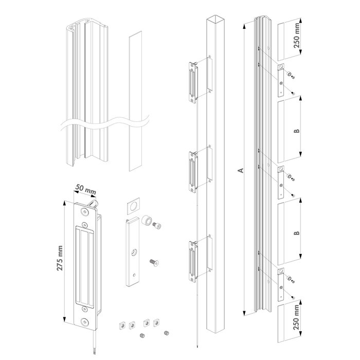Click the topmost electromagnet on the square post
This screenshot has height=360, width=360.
[x=194, y=80]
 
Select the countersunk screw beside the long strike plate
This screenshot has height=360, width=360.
[x=154, y=262]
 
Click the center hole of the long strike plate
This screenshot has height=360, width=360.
[x=133, y=253]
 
